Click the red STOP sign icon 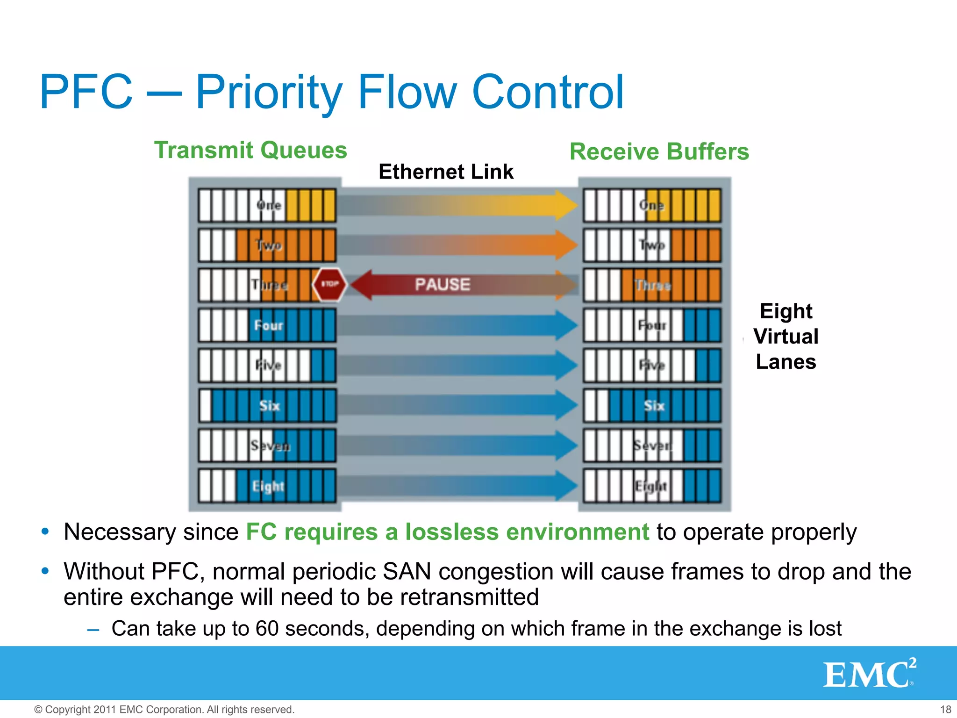click(329, 284)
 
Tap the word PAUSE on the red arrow click(443, 284)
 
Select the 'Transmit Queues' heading click(250, 151)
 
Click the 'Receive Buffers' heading click(659, 152)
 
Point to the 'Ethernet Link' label click(446, 172)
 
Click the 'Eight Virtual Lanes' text click(786, 337)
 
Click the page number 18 click(945, 710)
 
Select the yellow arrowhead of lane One click(566, 205)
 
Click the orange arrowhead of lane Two click(566, 245)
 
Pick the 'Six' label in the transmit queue click(269, 406)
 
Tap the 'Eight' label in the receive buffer click(650, 486)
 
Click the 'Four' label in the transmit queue click(268, 325)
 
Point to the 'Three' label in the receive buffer click(652, 285)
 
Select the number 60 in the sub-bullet click(267, 629)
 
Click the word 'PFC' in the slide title click(86, 92)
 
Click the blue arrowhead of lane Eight click(566, 486)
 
